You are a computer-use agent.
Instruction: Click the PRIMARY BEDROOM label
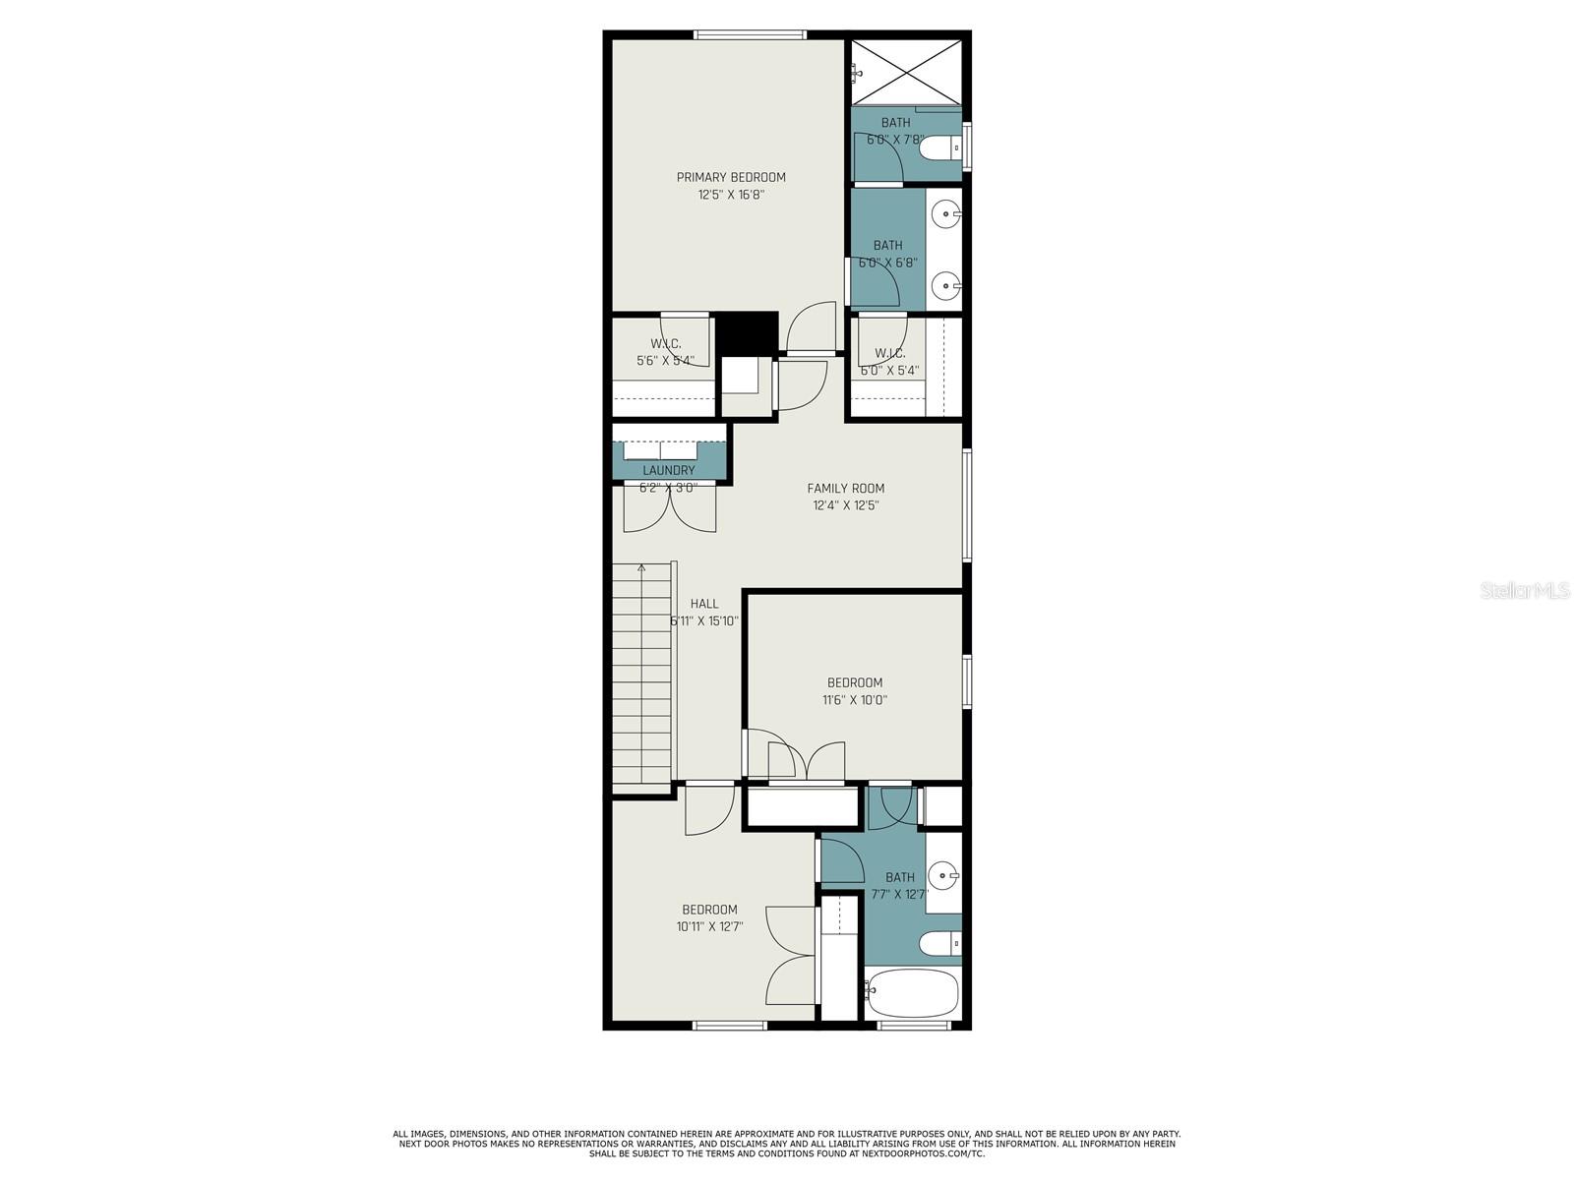pyautogui.click(x=731, y=178)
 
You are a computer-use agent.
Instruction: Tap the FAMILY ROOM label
pyautogui.click(x=845, y=489)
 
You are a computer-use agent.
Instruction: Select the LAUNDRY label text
pyautogui.click(x=669, y=471)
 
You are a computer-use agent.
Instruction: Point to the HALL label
pyautogui.click(x=704, y=604)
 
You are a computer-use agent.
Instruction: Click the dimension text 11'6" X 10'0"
pyautogui.click(x=855, y=701)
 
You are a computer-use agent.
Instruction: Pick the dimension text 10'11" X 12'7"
pyautogui.click(x=709, y=926)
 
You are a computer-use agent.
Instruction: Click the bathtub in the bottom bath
pyautogui.click(x=911, y=993)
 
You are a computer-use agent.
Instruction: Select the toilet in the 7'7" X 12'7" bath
pyautogui.click(x=939, y=944)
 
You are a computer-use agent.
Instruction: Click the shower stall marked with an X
pyautogui.click(x=906, y=71)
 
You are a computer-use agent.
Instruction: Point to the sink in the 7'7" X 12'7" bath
pyautogui.click(x=944, y=873)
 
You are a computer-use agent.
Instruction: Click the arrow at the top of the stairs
pyautogui.click(x=641, y=567)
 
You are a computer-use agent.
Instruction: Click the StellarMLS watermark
pyautogui.click(x=1525, y=591)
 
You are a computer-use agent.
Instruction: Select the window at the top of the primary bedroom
pyautogui.click(x=751, y=35)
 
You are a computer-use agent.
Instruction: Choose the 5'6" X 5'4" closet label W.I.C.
pyautogui.click(x=666, y=344)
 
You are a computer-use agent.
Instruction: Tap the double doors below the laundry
pyautogui.click(x=670, y=508)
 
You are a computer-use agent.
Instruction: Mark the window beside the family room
pyautogui.click(x=967, y=505)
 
